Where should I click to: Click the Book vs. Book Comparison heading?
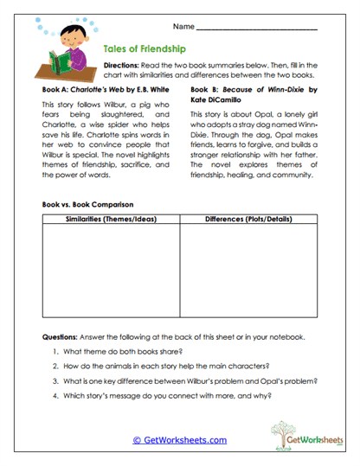87,204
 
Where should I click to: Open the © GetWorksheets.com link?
179,440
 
